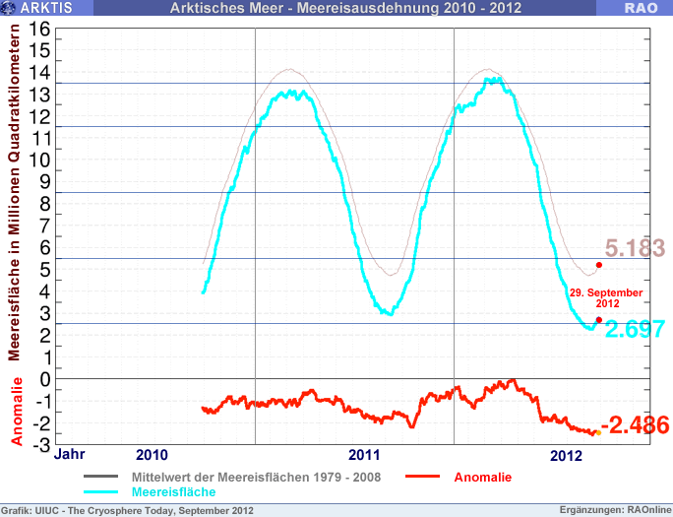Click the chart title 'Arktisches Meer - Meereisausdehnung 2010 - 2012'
(345, 9)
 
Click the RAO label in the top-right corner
(641, 9)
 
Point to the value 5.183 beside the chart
(635, 248)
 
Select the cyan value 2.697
(635, 329)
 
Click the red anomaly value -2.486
(636, 425)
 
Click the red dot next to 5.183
(599, 264)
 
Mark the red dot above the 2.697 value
(599, 319)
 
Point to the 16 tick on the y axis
(40, 30)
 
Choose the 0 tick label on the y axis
(45, 379)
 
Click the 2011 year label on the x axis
(365, 456)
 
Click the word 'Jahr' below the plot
(69, 455)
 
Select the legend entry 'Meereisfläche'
(173, 490)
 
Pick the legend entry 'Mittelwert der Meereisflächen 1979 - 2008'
(255, 477)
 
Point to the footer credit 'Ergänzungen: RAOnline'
(614, 510)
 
